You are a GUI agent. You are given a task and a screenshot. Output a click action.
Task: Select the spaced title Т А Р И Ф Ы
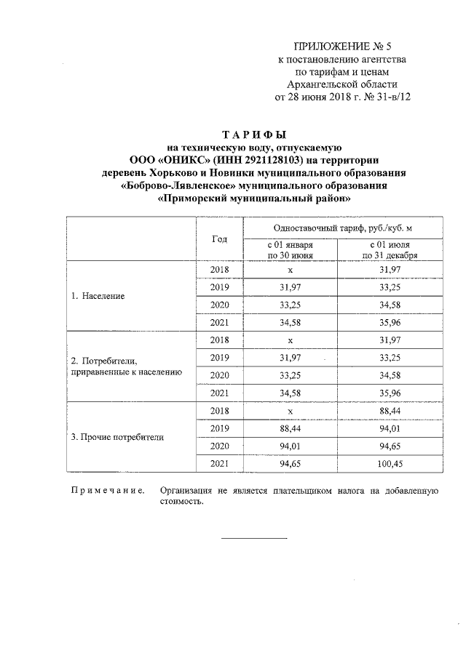(x=254, y=135)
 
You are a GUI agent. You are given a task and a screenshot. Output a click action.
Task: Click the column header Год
(x=219, y=239)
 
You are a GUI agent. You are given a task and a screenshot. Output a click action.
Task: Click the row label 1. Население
(x=98, y=297)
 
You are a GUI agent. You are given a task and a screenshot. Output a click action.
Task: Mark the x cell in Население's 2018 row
(x=290, y=270)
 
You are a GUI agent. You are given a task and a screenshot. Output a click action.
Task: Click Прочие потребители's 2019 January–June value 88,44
(x=290, y=428)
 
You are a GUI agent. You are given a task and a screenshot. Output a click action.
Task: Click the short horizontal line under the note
(x=254, y=538)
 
